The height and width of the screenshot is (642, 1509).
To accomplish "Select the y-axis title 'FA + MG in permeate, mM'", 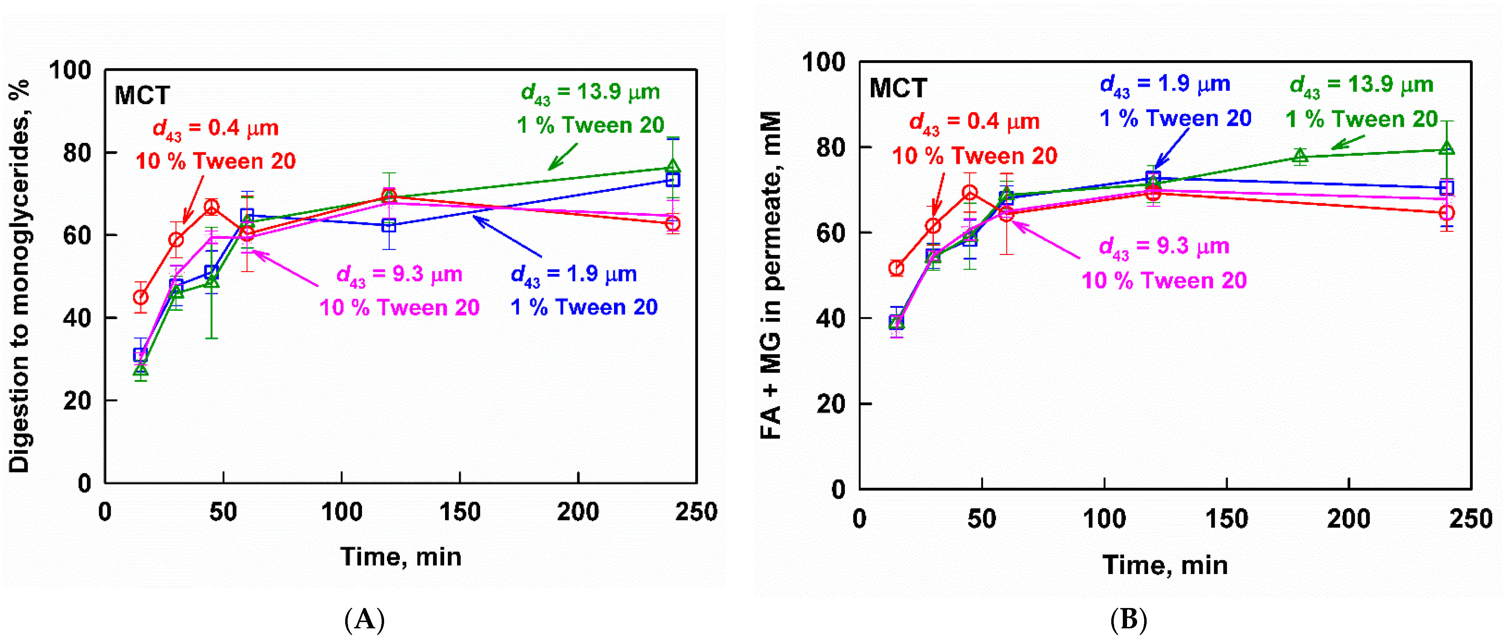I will click(x=771, y=275).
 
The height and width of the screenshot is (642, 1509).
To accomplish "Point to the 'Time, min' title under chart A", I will click(x=401, y=557).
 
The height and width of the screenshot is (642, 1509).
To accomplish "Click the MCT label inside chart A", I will click(x=142, y=95).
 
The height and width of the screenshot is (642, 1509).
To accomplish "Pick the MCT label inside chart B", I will click(x=898, y=88).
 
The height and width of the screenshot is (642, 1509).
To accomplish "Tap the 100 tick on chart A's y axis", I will click(x=70, y=70).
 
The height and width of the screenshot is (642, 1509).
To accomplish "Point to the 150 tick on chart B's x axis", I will click(x=1226, y=519).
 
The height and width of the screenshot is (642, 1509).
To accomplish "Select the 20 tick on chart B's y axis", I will click(x=831, y=404).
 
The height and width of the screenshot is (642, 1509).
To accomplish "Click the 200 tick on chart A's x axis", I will click(x=578, y=512).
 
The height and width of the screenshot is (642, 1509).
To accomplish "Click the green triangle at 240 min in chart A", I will click(x=673, y=167).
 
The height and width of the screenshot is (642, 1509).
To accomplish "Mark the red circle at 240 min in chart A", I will click(x=673, y=223).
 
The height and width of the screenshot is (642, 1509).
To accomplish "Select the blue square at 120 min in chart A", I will click(x=389, y=225).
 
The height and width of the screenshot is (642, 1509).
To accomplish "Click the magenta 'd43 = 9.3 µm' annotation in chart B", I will click(x=1164, y=247).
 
